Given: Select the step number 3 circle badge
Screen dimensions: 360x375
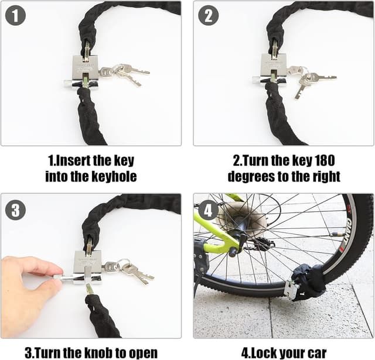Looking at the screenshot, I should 15,209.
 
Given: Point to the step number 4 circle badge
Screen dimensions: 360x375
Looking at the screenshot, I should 209,209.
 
